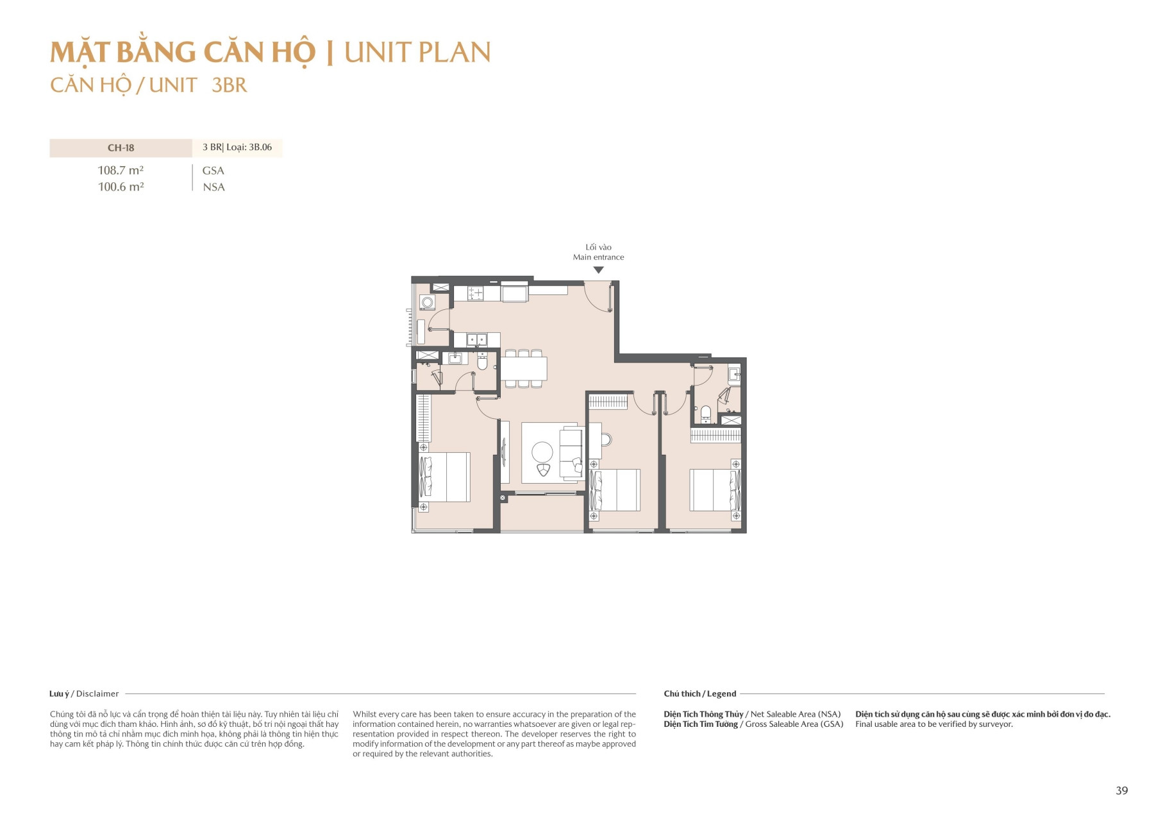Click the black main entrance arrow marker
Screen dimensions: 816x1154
[598, 270]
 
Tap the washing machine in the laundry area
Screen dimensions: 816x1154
[427, 302]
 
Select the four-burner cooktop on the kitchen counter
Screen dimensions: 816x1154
[476, 294]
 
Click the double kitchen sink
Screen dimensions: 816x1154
[476, 339]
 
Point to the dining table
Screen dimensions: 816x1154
[524, 369]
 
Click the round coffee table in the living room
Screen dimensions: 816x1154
[542, 452]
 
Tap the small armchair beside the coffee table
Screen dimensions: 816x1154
[544, 470]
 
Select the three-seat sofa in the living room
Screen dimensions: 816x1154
[570, 454]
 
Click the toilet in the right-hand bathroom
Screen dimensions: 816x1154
[706, 414]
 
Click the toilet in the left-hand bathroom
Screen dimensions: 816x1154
[483, 363]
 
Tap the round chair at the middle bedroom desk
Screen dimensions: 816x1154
[606, 440]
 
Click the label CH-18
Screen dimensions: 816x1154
[121, 148]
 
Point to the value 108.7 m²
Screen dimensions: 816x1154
[121, 171]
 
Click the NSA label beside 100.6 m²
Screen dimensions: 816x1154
[213, 187]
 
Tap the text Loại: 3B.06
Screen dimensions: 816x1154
[249, 148]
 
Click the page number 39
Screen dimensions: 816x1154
[1121, 790]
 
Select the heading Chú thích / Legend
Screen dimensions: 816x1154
[699, 693]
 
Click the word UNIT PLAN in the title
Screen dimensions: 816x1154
[417, 53]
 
